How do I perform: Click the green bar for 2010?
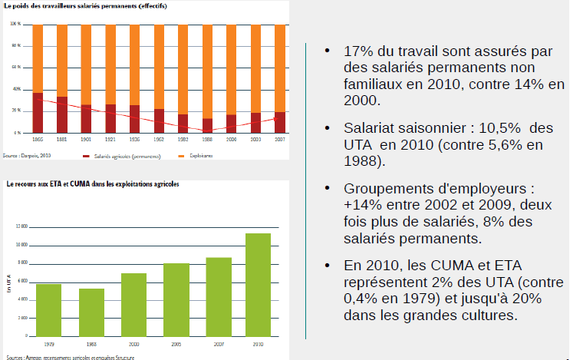258,285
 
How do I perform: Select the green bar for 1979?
49,310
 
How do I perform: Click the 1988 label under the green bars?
91,345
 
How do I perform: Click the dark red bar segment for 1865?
38,113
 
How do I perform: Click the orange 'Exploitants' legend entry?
201,156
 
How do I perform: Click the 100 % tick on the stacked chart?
15,25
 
